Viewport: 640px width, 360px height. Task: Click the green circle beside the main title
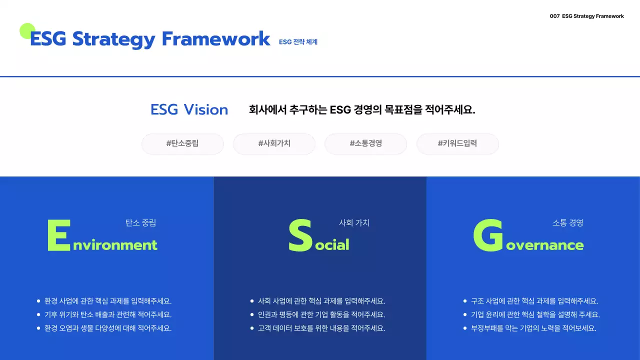pos(27,31)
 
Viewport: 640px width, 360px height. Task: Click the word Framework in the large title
pos(216,39)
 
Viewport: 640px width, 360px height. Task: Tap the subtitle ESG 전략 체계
pos(298,42)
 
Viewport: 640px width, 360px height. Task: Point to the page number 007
pos(554,16)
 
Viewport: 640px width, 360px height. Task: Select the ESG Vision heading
pos(189,110)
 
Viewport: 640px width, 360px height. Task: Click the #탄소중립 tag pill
pos(182,143)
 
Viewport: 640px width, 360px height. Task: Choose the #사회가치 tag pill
pos(274,143)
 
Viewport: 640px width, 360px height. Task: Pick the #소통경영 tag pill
pos(365,143)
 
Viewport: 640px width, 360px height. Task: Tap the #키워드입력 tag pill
pos(457,143)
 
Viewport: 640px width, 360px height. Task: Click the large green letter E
pos(58,235)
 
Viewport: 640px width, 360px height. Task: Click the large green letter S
pos(300,235)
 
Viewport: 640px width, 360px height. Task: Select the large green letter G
pos(488,235)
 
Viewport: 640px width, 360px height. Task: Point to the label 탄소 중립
pos(140,223)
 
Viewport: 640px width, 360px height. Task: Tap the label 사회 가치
pos(354,223)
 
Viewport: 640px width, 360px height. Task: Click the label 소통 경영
pos(567,223)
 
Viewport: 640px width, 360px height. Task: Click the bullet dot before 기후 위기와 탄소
pos(38,314)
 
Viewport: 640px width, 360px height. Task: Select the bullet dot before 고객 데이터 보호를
pos(252,328)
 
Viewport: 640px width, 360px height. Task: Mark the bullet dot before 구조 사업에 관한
pos(465,301)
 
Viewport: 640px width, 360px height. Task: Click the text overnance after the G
pos(545,245)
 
